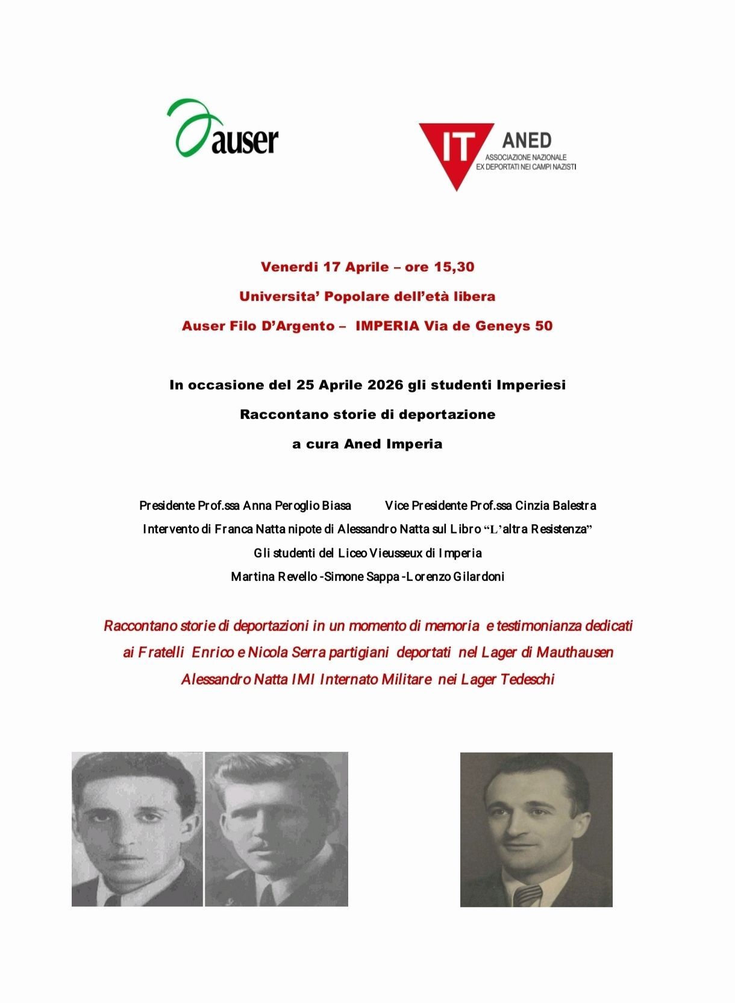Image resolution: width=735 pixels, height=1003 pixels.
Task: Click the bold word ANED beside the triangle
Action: pos(527,141)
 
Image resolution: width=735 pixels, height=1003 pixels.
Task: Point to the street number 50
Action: pos(543,326)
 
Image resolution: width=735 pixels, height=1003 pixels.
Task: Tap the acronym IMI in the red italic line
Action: pos(303,680)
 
